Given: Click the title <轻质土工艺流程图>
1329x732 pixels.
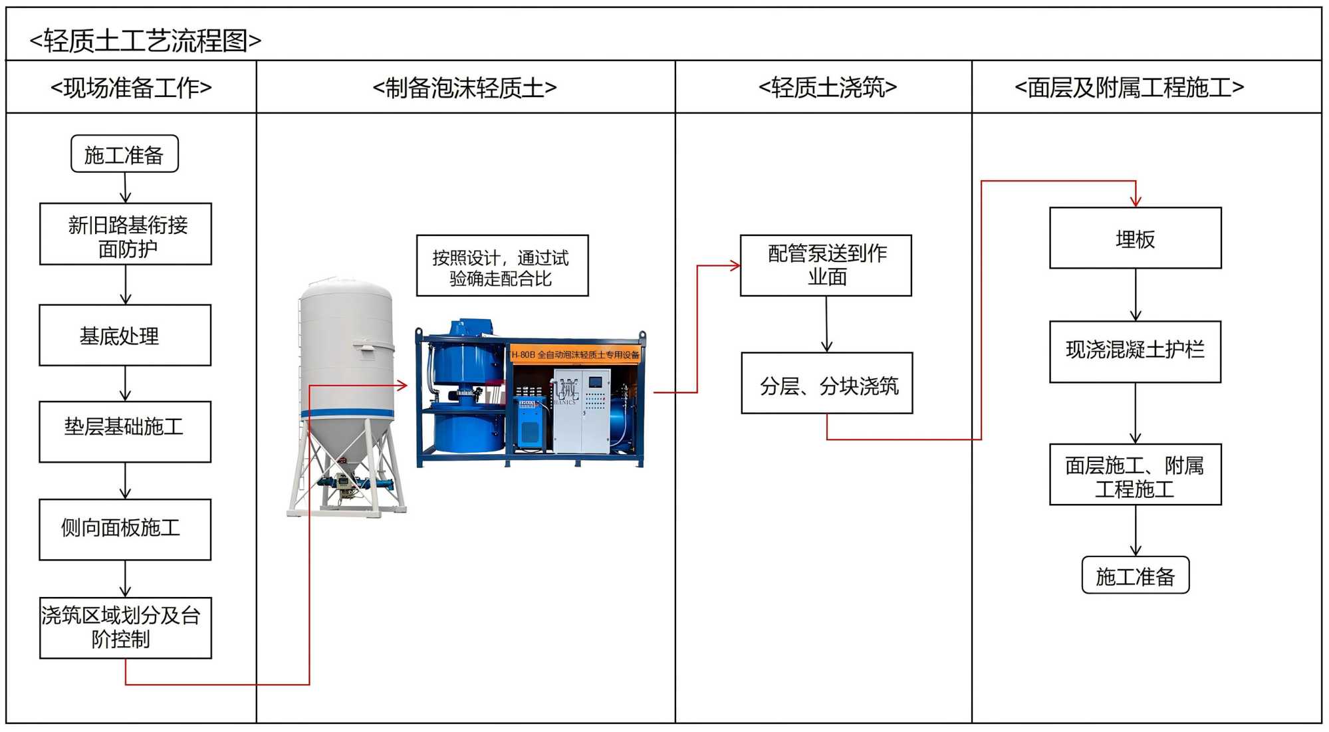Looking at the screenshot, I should [146, 41].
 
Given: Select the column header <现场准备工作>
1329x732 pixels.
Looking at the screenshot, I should [131, 87].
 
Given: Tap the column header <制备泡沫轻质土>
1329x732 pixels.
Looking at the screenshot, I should [465, 87].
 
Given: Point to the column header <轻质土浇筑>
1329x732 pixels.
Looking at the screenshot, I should [828, 87].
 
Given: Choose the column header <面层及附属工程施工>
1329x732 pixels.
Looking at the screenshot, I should [1129, 87].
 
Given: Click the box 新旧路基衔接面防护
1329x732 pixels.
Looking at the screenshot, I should [126, 234].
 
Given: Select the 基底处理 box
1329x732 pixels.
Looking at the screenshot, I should [125, 335].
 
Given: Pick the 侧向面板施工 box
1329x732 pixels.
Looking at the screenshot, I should [125, 529].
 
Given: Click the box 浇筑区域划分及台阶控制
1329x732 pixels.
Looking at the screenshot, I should [126, 628].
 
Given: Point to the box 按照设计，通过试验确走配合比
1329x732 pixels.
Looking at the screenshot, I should [502, 265].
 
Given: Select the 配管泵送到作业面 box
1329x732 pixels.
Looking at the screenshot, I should [826, 265].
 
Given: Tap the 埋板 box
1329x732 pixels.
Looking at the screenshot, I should [1135, 238].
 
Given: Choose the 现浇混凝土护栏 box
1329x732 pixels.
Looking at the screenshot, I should [1135, 352].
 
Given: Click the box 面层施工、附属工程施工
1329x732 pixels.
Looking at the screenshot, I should [1135, 475].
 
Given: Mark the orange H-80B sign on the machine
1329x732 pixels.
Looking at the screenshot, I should [575, 354].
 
